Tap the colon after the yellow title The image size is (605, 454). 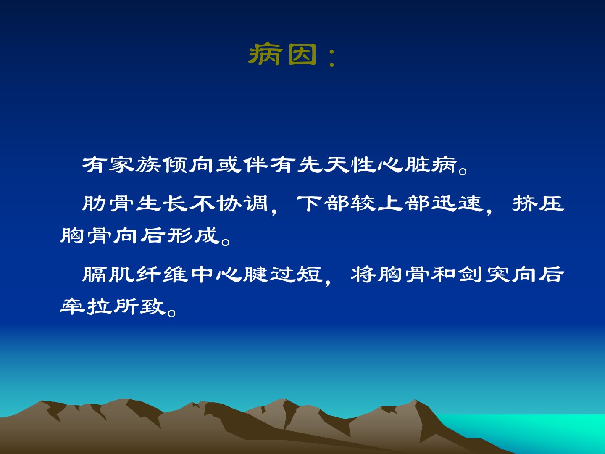click(332, 58)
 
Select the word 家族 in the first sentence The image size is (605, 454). click(135, 165)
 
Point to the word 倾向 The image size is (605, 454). click(188, 165)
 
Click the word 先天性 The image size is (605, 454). click(336, 165)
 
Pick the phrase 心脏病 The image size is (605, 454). click(416, 165)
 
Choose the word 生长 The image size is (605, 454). click(162, 204)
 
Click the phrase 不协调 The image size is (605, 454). click(229, 204)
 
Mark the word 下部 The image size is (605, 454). click(323, 204)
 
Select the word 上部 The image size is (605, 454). click(403, 204)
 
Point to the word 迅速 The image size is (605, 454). click(457, 204)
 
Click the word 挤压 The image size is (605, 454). click(538, 204)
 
